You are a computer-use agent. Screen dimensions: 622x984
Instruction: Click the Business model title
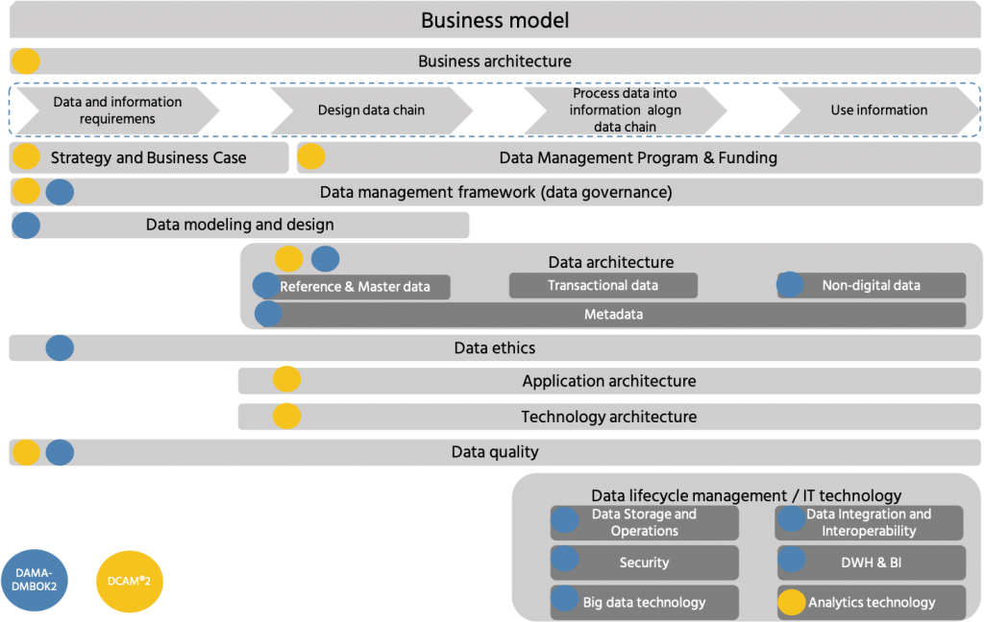(x=495, y=20)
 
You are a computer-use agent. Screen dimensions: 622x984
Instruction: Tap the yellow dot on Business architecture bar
(x=26, y=61)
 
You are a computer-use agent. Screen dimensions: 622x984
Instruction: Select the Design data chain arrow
(x=371, y=109)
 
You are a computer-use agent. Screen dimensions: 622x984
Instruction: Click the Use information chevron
(x=878, y=109)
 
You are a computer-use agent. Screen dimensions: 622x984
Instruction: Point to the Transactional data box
(x=603, y=285)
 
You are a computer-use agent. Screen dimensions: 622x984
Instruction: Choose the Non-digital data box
(x=871, y=285)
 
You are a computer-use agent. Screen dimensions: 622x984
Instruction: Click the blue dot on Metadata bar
(x=268, y=313)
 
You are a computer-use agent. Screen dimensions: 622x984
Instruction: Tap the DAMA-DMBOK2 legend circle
(x=35, y=580)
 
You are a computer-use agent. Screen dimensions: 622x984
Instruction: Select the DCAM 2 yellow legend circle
(x=130, y=580)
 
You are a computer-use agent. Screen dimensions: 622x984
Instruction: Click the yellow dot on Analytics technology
(x=791, y=602)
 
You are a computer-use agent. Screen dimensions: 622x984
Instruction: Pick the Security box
(x=644, y=562)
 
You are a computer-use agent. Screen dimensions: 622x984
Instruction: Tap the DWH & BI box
(x=870, y=562)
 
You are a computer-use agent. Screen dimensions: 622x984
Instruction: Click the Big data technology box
(x=644, y=602)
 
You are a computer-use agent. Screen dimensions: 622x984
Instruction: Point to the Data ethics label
(x=494, y=347)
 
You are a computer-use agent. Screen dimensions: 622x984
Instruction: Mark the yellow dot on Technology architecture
(x=286, y=416)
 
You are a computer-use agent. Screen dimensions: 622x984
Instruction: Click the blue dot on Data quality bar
(x=60, y=452)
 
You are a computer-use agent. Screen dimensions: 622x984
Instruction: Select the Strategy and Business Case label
(x=148, y=157)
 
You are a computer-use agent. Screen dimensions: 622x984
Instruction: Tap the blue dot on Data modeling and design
(x=26, y=225)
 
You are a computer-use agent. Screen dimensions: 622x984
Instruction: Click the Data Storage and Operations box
(x=644, y=522)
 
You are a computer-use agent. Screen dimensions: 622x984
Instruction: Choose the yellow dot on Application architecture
(x=286, y=380)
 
